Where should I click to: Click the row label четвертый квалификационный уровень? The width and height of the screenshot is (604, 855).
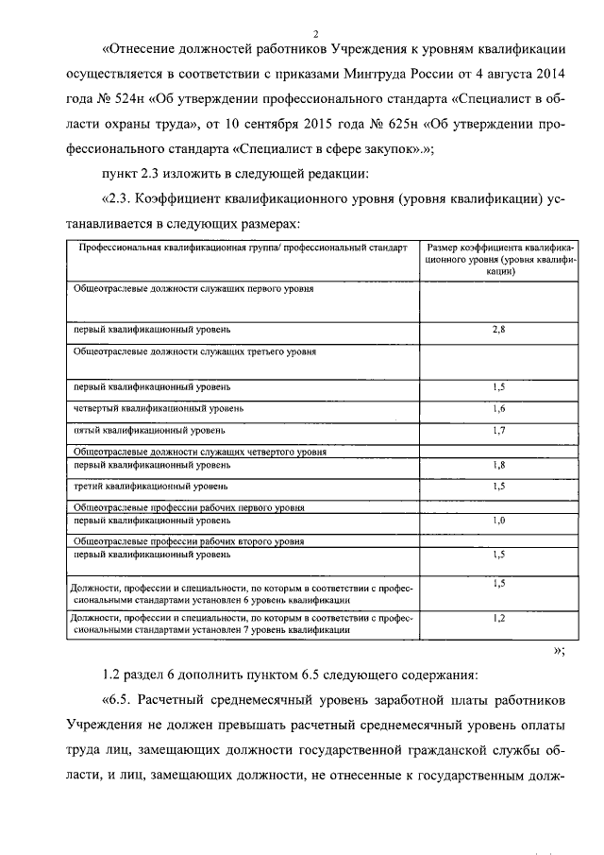[159, 409]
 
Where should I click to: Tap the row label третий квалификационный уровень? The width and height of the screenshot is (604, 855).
[150, 487]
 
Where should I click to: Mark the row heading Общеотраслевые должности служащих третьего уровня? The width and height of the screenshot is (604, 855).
[194, 351]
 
